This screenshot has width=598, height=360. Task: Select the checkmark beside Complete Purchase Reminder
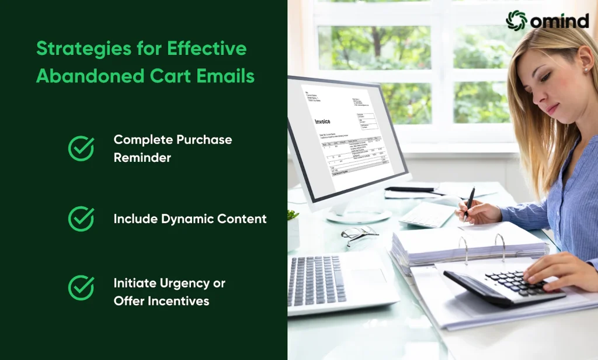[81, 148]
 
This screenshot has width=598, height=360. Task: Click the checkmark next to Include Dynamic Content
[81, 219]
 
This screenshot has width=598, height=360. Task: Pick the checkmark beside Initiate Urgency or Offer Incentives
[81, 288]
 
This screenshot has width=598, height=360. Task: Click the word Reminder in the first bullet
[142, 158]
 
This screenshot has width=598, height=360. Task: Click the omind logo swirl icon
[516, 20]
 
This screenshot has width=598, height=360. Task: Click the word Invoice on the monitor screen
[322, 122]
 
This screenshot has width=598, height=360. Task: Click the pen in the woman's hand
[469, 202]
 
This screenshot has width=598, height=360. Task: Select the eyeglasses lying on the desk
[358, 234]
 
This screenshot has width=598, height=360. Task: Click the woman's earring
[585, 70]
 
